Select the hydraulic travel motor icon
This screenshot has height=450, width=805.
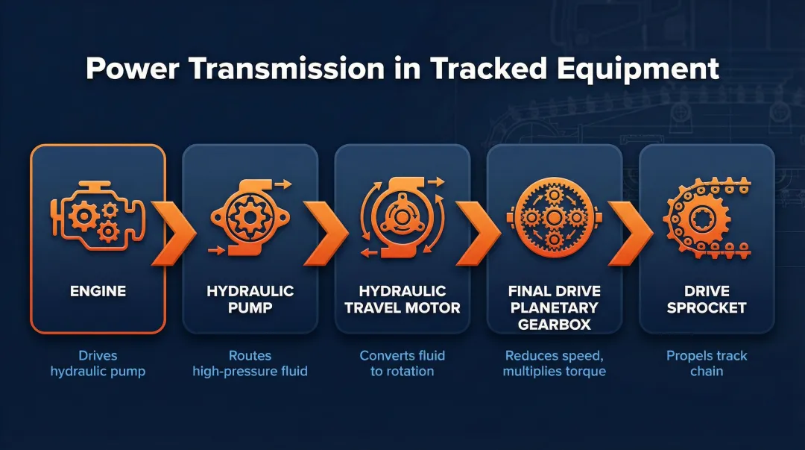(401, 216)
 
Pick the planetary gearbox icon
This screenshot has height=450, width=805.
(553, 217)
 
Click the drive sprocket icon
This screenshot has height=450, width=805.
(704, 216)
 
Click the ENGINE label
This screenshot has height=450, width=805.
(97, 292)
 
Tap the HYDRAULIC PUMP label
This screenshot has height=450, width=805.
(250, 299)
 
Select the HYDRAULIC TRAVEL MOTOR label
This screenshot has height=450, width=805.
(402, 299)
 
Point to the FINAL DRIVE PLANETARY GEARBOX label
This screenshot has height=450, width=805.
(554, 307)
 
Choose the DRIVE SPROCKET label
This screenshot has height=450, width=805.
(706, 299)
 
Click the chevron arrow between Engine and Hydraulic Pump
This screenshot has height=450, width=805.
(173, 232)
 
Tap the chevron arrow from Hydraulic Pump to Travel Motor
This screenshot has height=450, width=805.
(326, 232)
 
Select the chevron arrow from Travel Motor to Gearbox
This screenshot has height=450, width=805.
(478, 232)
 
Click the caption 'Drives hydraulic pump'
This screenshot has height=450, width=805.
(97, 363)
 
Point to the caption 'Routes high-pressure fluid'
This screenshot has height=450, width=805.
(250, 363)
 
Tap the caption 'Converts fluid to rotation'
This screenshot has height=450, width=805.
(402, 363)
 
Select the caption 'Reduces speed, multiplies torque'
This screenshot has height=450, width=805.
(554, 363)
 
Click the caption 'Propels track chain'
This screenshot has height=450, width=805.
(706, 363)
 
